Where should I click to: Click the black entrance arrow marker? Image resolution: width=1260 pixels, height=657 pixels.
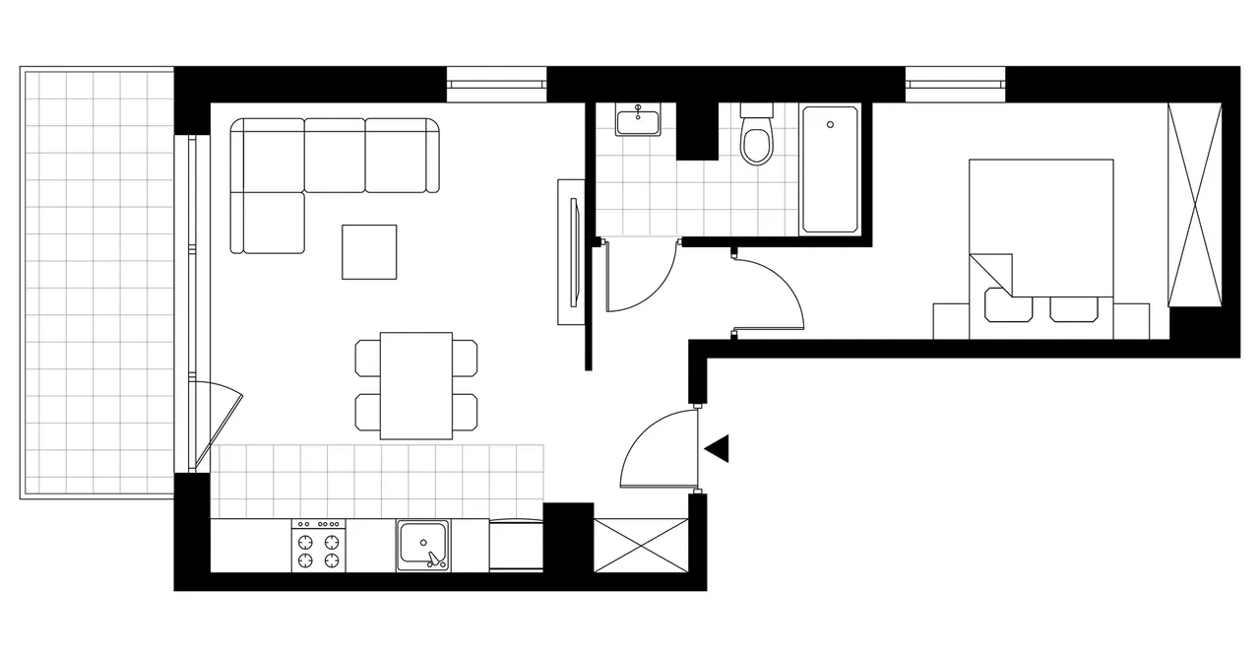[x=718, y=448]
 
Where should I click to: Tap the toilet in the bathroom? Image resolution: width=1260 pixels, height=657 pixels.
[x=757, y=141]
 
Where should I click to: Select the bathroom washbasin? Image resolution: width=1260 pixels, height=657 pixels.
[x=639, y=122]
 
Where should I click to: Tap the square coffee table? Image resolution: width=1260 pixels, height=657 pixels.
[x=369, y=251]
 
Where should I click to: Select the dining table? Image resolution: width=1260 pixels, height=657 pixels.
[x=415, y=385]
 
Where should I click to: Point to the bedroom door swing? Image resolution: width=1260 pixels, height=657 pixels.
[x=768, y=294]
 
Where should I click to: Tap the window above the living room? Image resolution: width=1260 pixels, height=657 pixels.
[x=496, y=85]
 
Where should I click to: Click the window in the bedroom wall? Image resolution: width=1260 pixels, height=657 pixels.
[x=955, y=85]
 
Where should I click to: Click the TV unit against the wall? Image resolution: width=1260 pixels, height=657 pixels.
[x=571, y=252]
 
